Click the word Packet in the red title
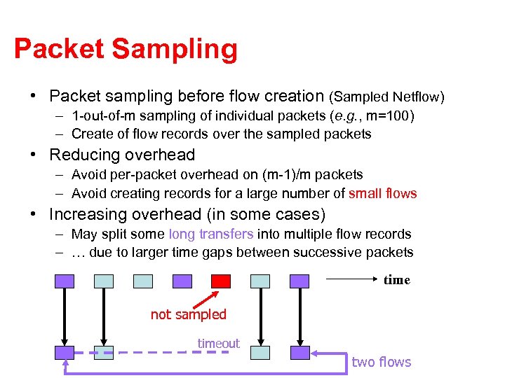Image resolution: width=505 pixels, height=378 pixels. click(59, 49)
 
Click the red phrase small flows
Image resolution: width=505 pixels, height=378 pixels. click(382, 193)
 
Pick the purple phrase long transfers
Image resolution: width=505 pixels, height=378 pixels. click(211, 234)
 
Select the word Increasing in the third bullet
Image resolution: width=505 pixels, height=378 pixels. click(91, 213)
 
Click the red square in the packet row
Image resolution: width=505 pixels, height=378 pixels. click(221, 281)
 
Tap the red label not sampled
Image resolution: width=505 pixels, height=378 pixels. click(189, 314)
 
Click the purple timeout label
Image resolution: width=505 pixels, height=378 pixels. click(218, 343)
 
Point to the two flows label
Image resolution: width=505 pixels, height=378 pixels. click(381, 361)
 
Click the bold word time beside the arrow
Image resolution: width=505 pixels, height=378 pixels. click(396, 280)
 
